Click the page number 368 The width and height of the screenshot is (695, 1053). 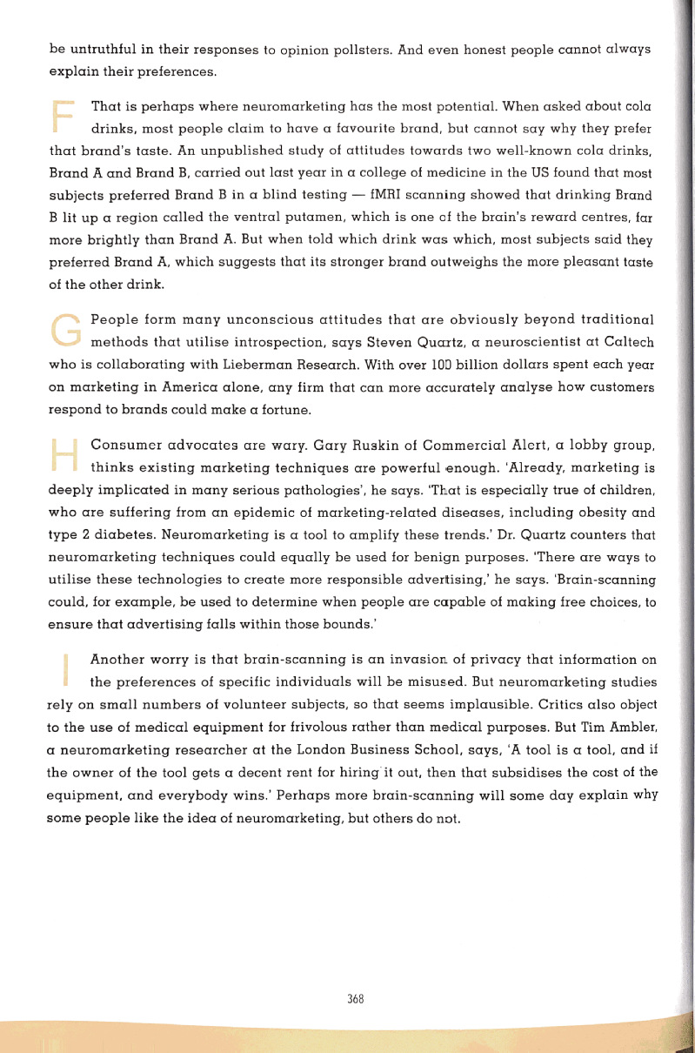pos(354,999)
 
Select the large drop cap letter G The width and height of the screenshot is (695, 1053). pos(63,330)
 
